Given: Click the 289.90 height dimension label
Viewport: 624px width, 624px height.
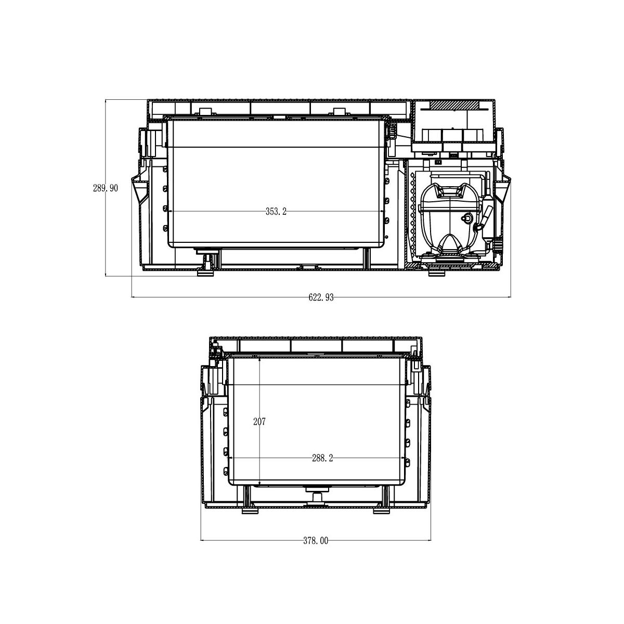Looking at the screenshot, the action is (x=105, y=188).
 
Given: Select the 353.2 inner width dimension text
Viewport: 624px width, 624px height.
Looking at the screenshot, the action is (x=276, y=212).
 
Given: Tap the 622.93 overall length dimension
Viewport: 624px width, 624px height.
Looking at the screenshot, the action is (x=321, y=297).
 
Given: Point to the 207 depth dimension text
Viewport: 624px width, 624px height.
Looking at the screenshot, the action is (x=259, y=422).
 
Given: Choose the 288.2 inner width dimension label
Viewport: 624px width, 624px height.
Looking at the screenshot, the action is (x=322, y=458).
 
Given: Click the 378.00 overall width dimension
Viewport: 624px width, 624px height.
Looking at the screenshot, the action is (x=316, y=540).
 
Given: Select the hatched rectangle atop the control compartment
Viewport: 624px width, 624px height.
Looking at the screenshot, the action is (x=454, y=105).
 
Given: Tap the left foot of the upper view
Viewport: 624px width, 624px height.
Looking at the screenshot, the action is (x=205, y=273).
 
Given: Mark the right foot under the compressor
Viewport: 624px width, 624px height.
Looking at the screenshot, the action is (x=436, y=273).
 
